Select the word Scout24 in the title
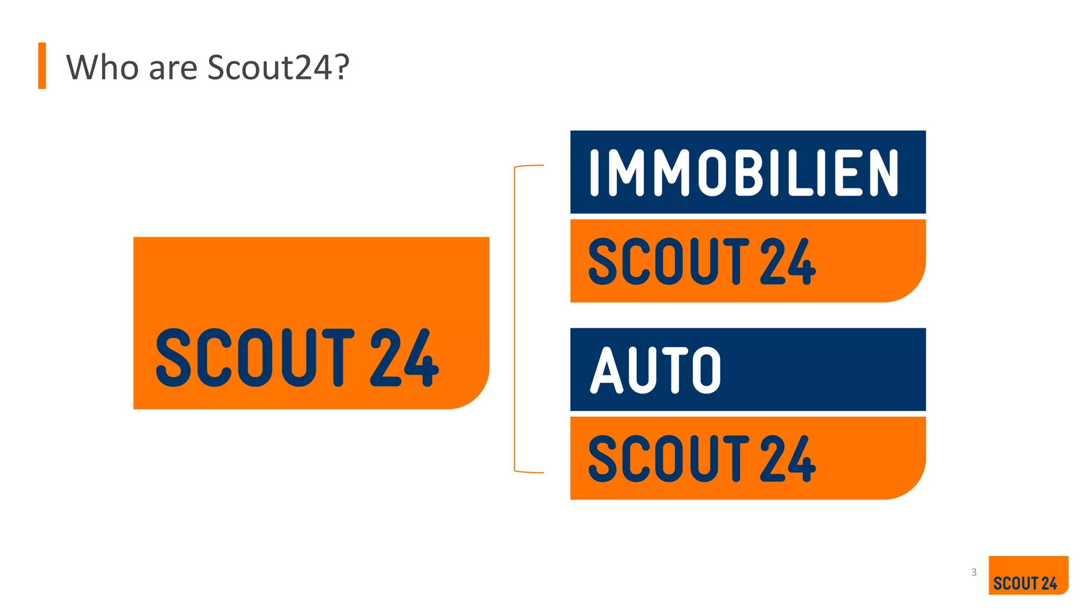coord(269,67)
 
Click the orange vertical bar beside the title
coord(42,66)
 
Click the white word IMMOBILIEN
coord(744,173)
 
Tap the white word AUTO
coord(656,370)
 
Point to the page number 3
coord(973,572)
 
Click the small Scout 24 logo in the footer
coord(1028,576)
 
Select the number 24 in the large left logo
coord(404,357)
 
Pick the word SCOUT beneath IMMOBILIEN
coord(669,261)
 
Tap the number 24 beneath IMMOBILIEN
coord(788,261)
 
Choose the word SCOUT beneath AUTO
coord(669,459)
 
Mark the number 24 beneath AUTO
coord(788,459)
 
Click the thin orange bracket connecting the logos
coord(514,318)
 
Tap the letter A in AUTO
coord(607,370)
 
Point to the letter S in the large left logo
coord(174,357)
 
